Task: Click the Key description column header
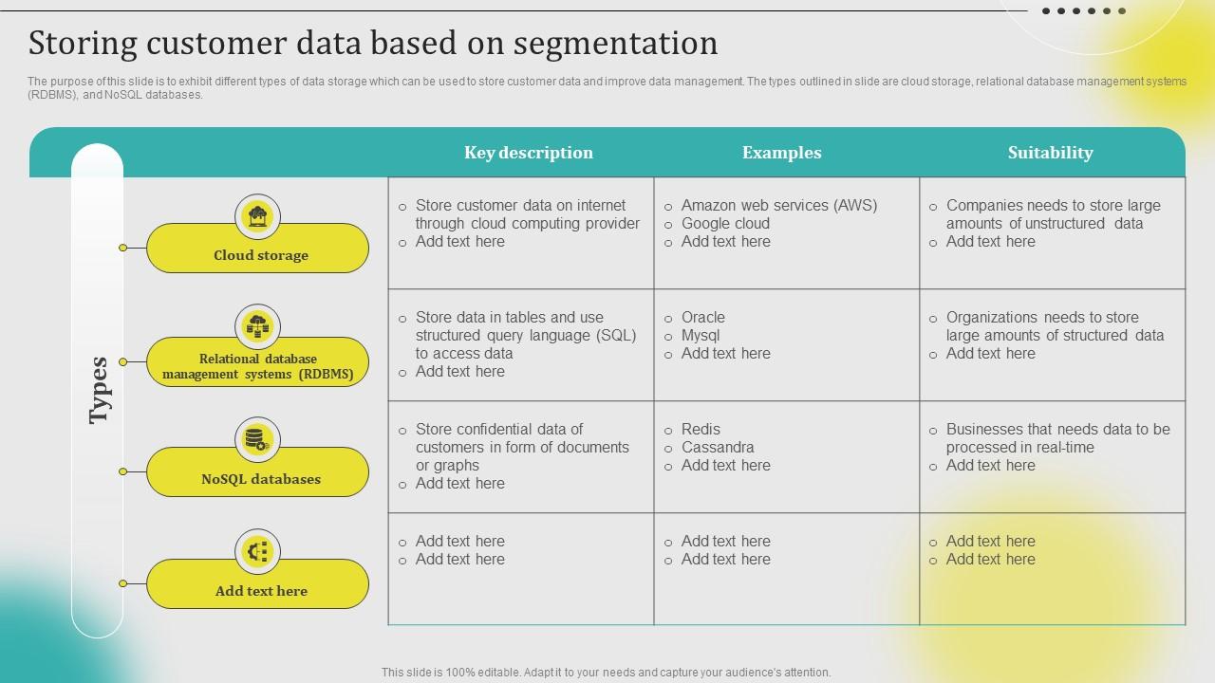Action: [528, 153]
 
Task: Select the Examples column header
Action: [781, 153]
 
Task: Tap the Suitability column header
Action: [1050, 153]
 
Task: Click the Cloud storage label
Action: [260, 255]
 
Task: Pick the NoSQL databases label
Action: [260, 479]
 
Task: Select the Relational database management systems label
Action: [257, 367]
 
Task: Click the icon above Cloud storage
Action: [257, 217]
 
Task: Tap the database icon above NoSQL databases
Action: [257, 440]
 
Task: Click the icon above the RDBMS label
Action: [257, 327]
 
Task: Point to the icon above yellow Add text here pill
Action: [257, 552]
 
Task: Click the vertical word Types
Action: [99, 390]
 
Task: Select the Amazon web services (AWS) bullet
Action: [778, 206]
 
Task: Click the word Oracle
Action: [702, 318]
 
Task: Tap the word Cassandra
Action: [718, 448]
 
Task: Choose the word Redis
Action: [701, 430]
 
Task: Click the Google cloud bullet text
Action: [725, 224]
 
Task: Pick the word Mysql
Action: [701, 336]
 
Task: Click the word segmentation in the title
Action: [620, 44]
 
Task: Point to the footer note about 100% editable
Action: [606, 673]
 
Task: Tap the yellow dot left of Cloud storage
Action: [122, 248]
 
